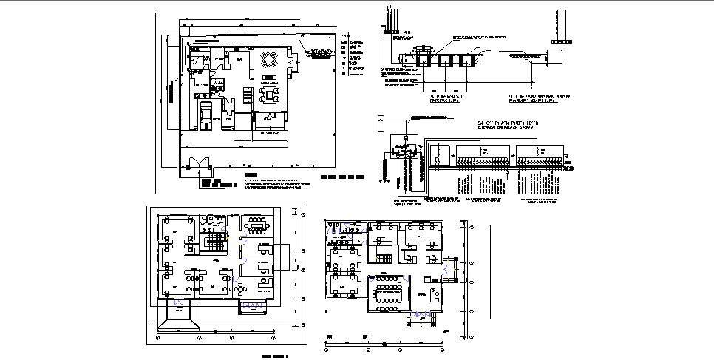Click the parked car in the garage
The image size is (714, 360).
tap(206, 116)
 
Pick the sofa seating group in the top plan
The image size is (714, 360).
tap(267, 94)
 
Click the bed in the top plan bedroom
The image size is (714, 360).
tap(200, 59)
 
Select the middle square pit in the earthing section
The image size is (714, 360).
tap(446, 59)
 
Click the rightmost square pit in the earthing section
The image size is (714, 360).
tap(467, 59)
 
